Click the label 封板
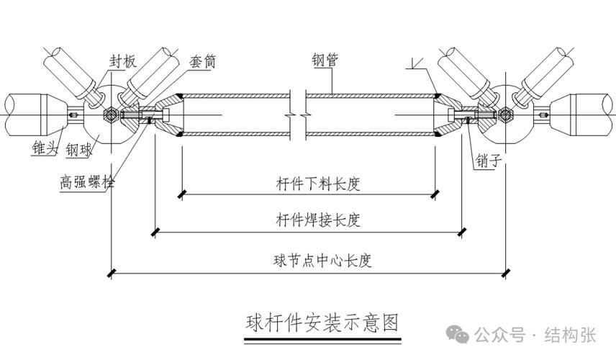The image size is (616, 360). [121, 62]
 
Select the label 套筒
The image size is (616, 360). [206, 62]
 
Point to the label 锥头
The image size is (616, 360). [45, 149]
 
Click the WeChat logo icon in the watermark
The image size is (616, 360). [457, 335]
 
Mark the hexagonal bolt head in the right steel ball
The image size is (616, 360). [506, 114]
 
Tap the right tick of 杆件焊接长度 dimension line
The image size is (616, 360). [461, 231]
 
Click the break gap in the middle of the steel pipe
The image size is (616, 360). [297, 114]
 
